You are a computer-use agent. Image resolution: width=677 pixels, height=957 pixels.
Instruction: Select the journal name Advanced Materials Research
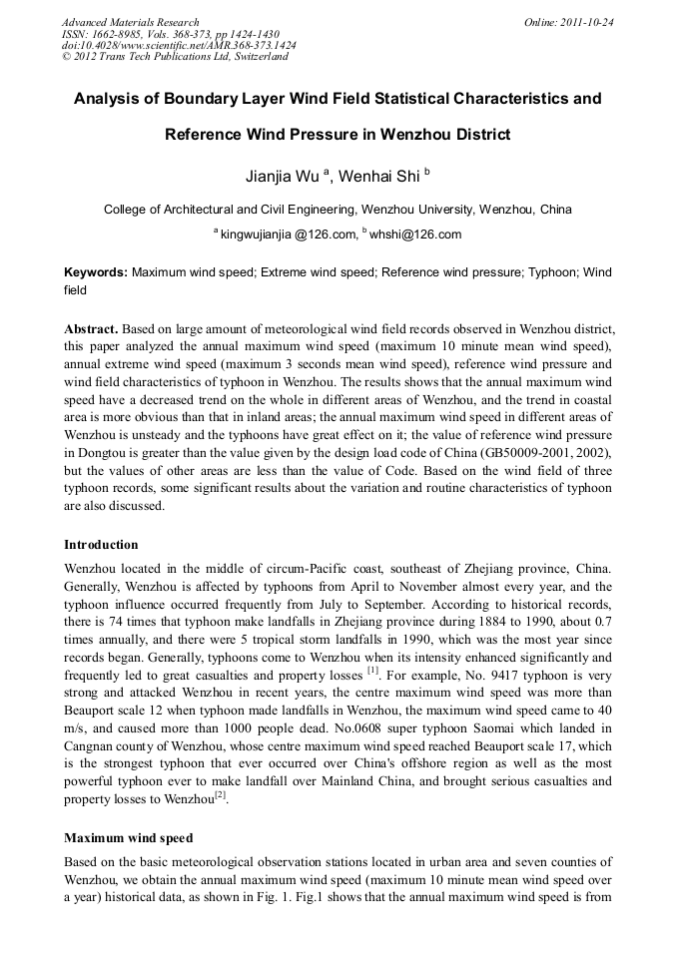(130, 22)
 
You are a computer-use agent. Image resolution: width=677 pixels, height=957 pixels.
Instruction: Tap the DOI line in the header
(179, 45)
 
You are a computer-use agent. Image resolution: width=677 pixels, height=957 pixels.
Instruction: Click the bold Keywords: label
(96, 271)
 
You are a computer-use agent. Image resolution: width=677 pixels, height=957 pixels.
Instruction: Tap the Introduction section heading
(101, 545)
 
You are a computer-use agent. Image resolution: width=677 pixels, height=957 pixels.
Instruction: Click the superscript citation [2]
(222, 794)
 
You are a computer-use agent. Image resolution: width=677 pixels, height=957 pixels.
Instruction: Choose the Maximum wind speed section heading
(128, 837)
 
